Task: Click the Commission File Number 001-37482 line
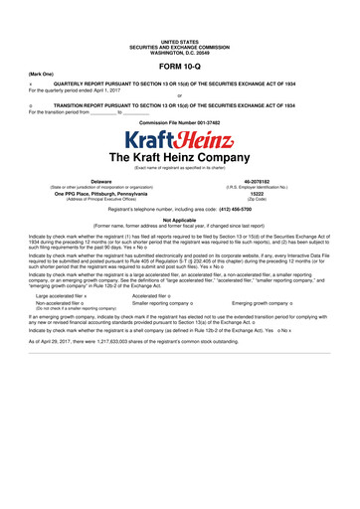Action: tap(179, 120)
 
